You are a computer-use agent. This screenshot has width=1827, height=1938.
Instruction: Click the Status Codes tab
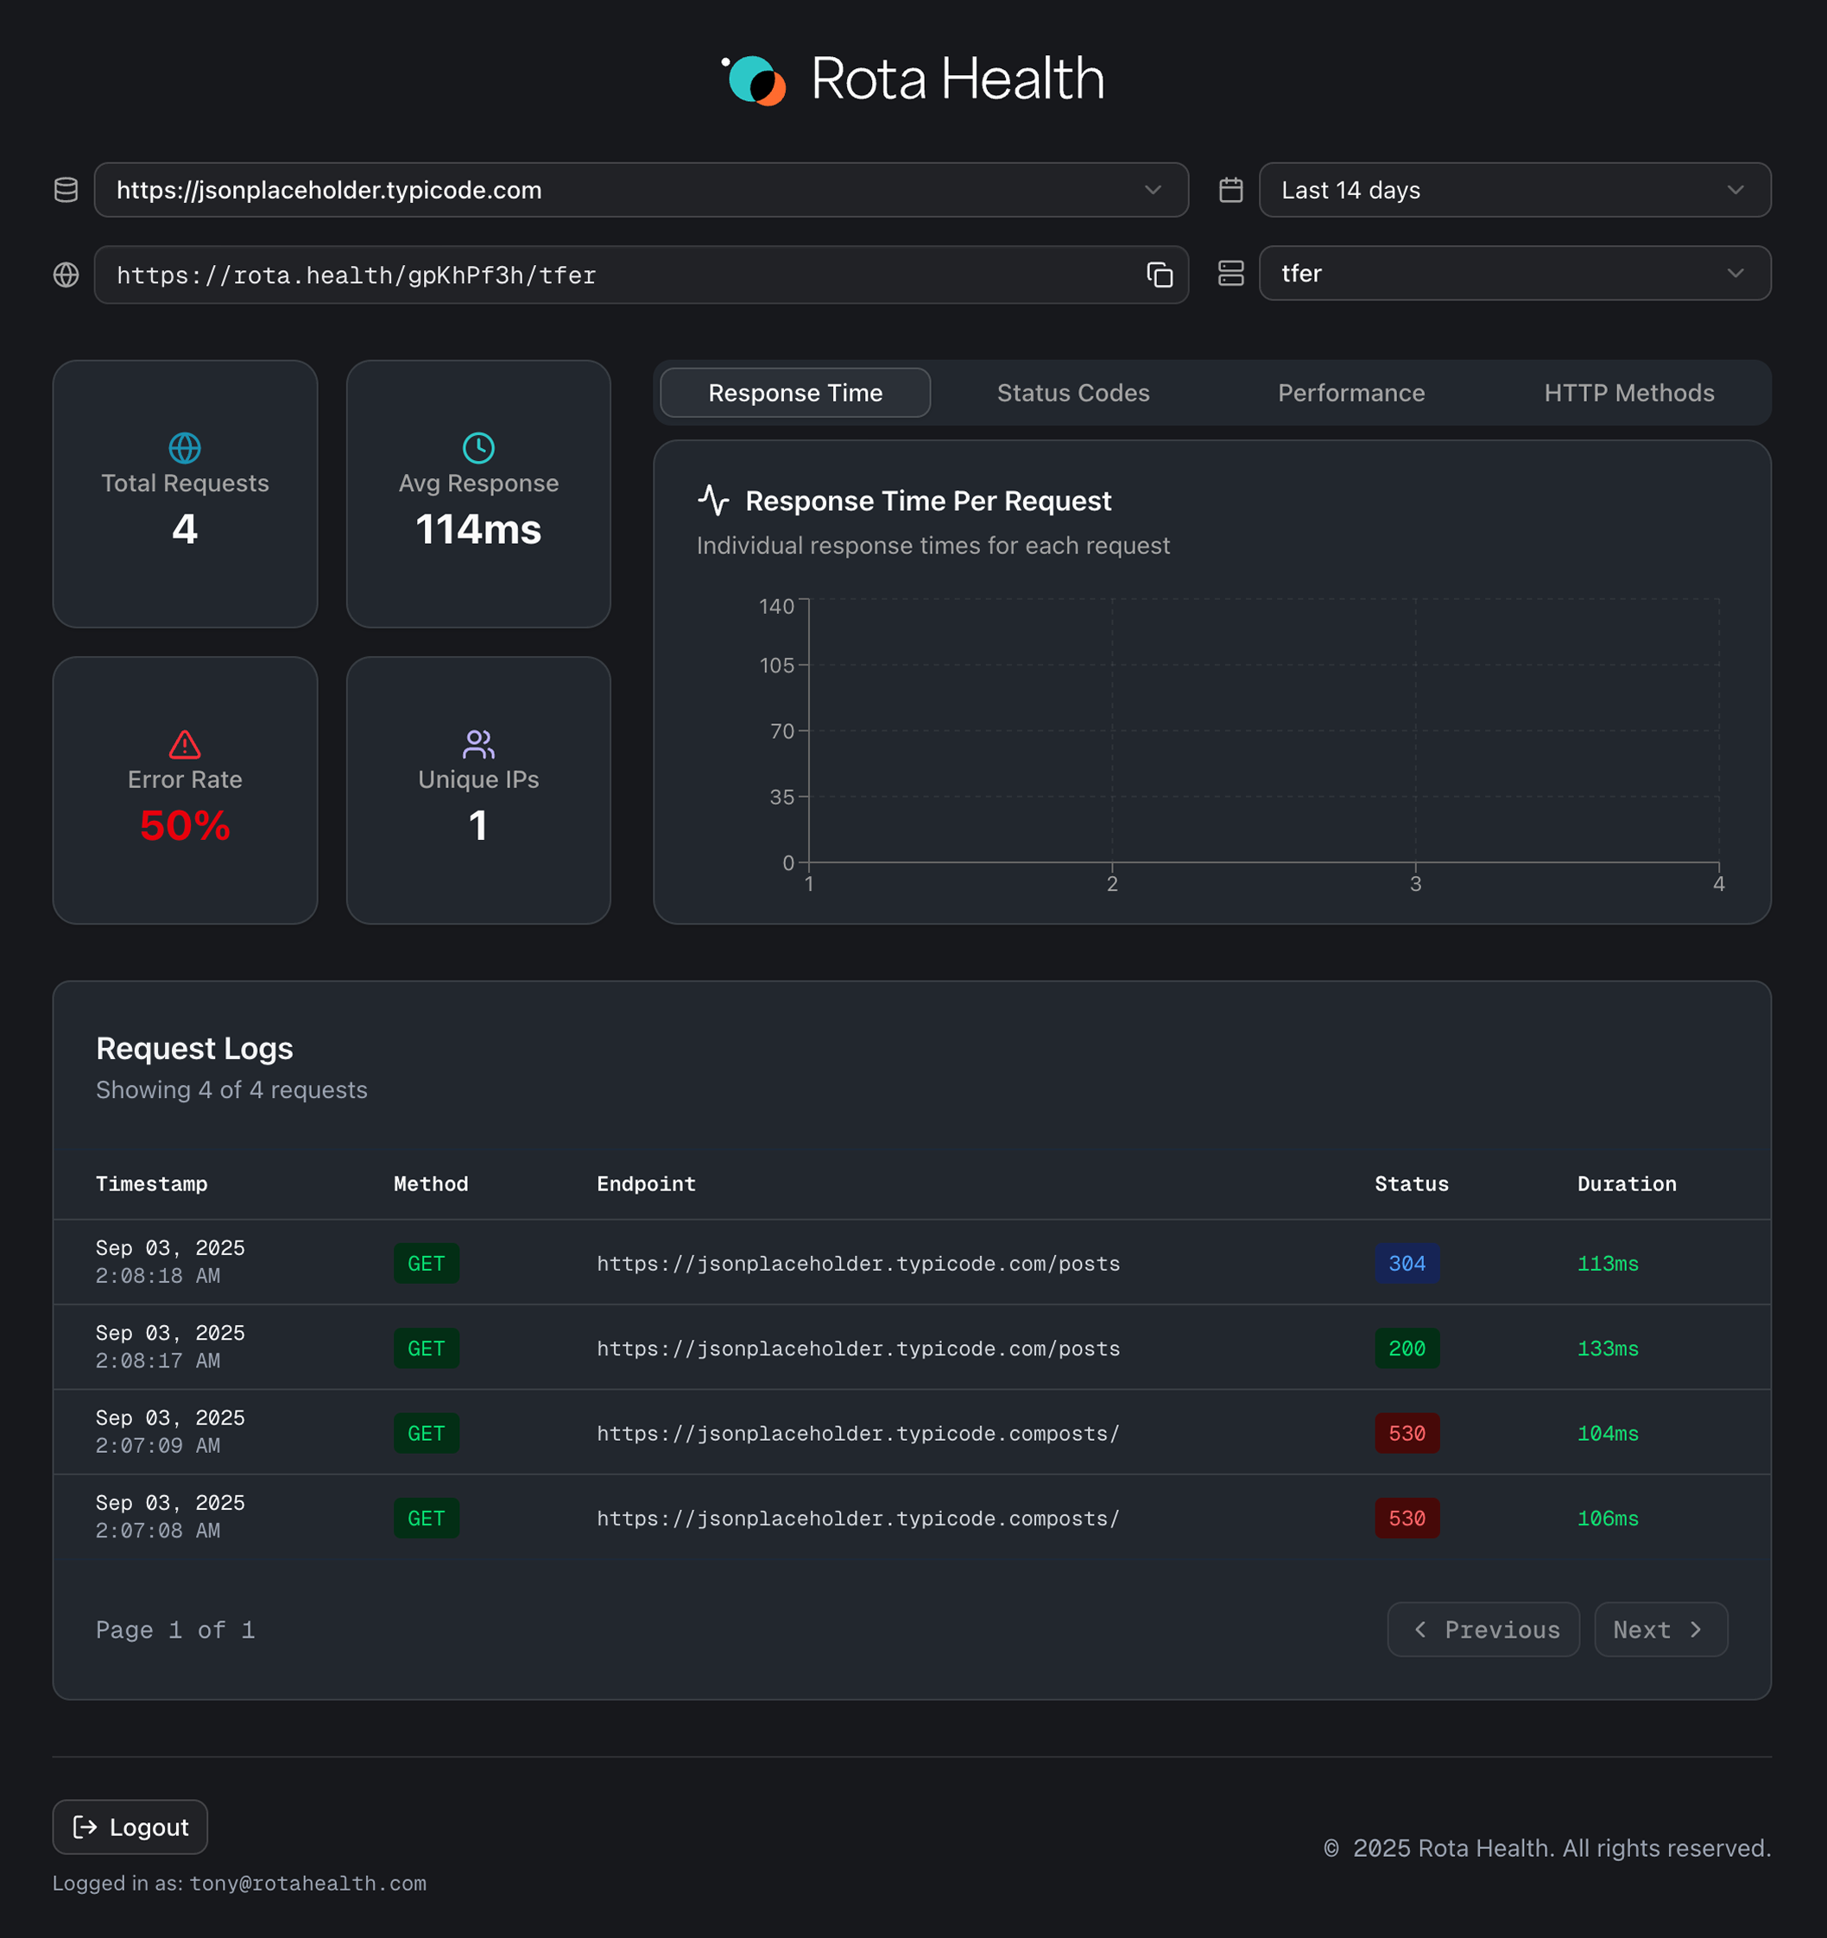[x=1072, y=393]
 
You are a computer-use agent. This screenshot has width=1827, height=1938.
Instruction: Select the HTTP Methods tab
[x=1628, y=393]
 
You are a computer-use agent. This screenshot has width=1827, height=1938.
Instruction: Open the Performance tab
[x=1350, y=393]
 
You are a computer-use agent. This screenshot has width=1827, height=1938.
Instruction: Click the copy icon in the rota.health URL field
[x=1160, y=275]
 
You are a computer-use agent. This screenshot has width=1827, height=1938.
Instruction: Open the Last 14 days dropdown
[x=1514, y=190]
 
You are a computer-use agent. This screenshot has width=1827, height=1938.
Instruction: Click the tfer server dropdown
[x=1514, y=274]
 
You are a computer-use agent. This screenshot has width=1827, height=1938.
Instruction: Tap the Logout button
[x=130, y=1827]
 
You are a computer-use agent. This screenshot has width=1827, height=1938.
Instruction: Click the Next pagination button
[x=1659, y=1630]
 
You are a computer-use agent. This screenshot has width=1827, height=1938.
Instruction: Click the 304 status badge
[x=1406, y=1264]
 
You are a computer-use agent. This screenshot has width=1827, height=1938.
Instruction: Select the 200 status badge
[x=1406, y=1348]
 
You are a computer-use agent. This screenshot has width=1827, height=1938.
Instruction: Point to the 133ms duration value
[x=1607, y=1348]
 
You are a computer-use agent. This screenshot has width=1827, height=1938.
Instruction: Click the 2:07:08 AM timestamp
[x=158, y=1531]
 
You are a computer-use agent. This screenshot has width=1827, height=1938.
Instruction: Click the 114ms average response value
[x=477, y=529]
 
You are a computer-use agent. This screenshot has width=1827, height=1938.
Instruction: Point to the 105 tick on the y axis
[x=776, y=666]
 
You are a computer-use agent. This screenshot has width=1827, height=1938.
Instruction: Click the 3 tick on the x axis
[x=1414, y=883]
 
